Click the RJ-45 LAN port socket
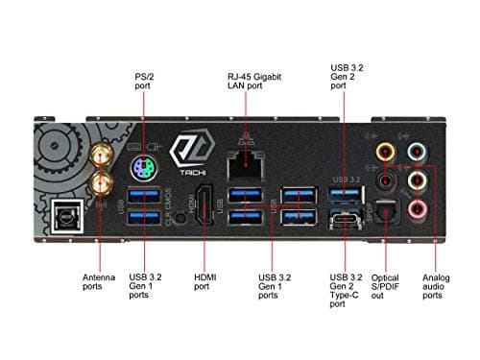(245, 166)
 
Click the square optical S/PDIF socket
(387, 216)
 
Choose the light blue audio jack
(418, 150)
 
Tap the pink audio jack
(418, 208)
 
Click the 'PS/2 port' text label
(145, 79)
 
